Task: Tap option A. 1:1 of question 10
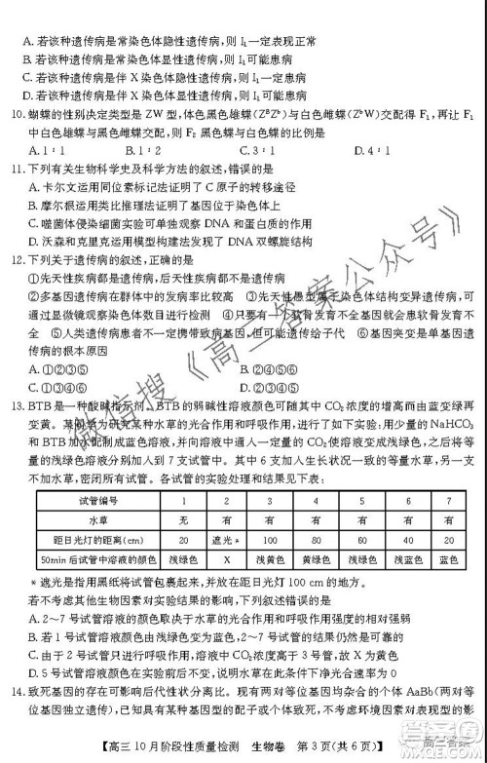coord(41,150)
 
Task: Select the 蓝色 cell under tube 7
coord(447,559)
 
